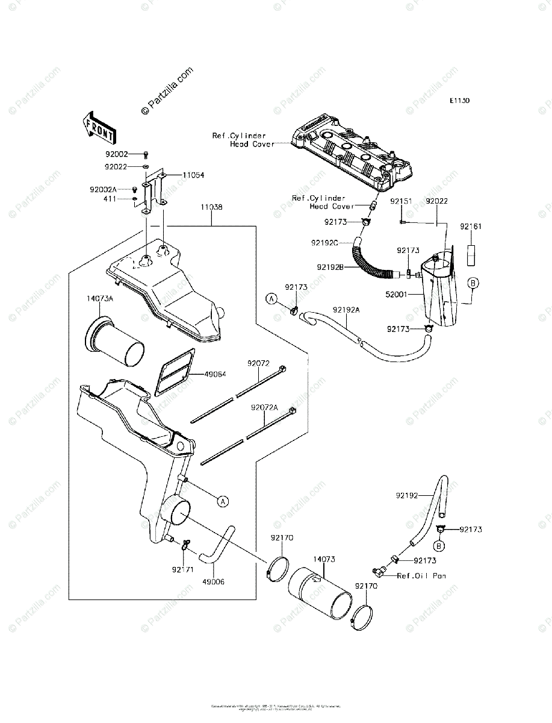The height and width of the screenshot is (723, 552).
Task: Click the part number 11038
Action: tap(212, 207)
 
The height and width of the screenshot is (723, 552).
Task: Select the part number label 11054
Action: tap(193, 175)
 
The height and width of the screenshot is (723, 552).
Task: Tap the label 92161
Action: tap(472, 227)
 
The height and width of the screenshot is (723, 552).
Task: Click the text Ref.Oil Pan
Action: tap(422, 576)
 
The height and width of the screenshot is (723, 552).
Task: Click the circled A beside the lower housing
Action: tap(222, 501)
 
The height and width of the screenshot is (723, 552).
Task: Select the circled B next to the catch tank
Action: tap(473, 283)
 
